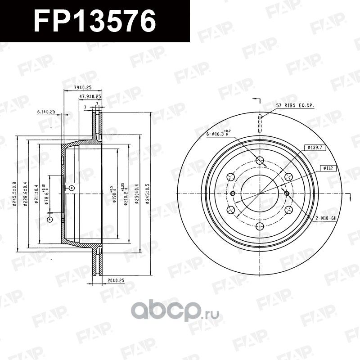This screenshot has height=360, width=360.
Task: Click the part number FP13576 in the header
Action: click(94, 21)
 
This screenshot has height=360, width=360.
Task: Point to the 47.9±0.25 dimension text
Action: click(90, 97)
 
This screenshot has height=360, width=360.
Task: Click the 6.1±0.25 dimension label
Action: click(46, 111)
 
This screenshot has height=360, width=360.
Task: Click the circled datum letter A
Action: click(49, 219)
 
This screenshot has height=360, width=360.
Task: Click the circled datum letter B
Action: click(71, 188)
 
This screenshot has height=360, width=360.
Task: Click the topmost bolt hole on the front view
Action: click(260, 161)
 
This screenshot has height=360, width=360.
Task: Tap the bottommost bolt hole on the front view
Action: click(260, 227)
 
